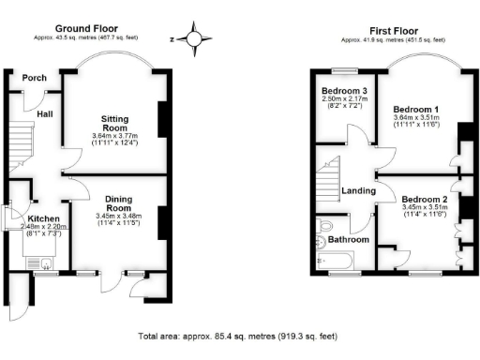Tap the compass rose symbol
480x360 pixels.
[x=194, y=39]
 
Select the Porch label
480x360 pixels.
[x=35, y=78]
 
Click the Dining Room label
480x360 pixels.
[x=117, y=204]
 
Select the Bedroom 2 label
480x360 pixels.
[x=424, y=200]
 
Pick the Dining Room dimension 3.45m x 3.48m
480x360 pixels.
[x=117, y=217]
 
